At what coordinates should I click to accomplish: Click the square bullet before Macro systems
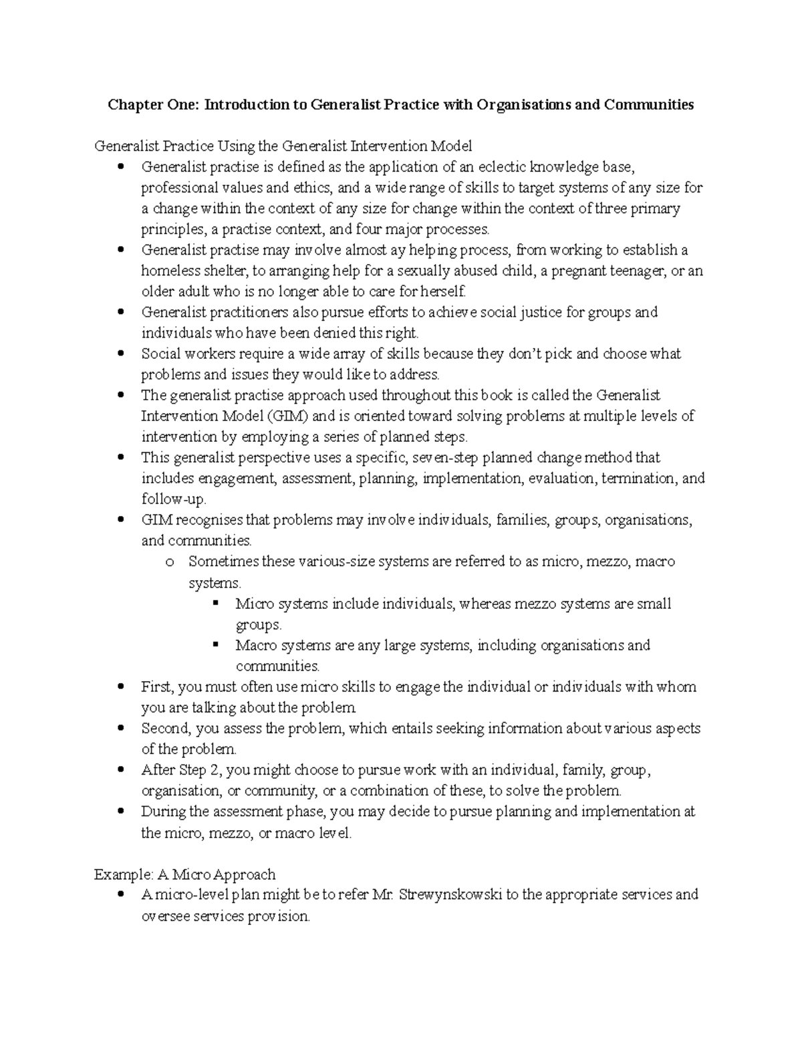(x=215, y=645)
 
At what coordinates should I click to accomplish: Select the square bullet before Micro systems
(x=215, y=604)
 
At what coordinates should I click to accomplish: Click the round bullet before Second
(x=121, y=728)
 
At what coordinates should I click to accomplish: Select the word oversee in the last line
(x=165, y=916)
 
